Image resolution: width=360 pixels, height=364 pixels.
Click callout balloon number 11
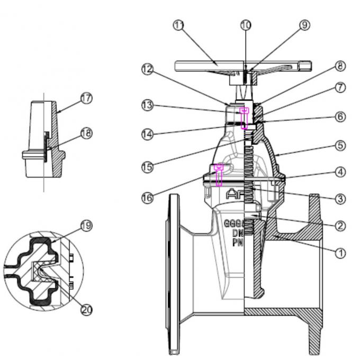coord(179,26)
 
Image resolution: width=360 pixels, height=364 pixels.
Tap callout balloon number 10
coord(246,24)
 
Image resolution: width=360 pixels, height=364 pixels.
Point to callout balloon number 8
coord(339,66)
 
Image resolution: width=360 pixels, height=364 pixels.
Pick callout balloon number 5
coord(339,144)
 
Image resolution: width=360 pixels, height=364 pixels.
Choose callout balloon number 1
coord(339,253)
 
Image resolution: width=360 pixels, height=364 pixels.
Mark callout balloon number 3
coord(339,199)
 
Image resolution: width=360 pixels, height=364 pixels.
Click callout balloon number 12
coord(148,69)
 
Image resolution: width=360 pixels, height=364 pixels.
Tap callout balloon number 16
coord(148,198)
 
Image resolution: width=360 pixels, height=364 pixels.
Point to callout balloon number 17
coord(86,99)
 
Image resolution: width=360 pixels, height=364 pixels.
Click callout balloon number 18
coord(86,132)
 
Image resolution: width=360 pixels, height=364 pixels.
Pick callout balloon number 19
coord(86,225)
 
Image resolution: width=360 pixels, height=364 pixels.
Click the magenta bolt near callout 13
coord(245,118)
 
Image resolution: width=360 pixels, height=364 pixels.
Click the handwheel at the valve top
coord(238,66)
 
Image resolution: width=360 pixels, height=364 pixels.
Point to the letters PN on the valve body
coord(237,242)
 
